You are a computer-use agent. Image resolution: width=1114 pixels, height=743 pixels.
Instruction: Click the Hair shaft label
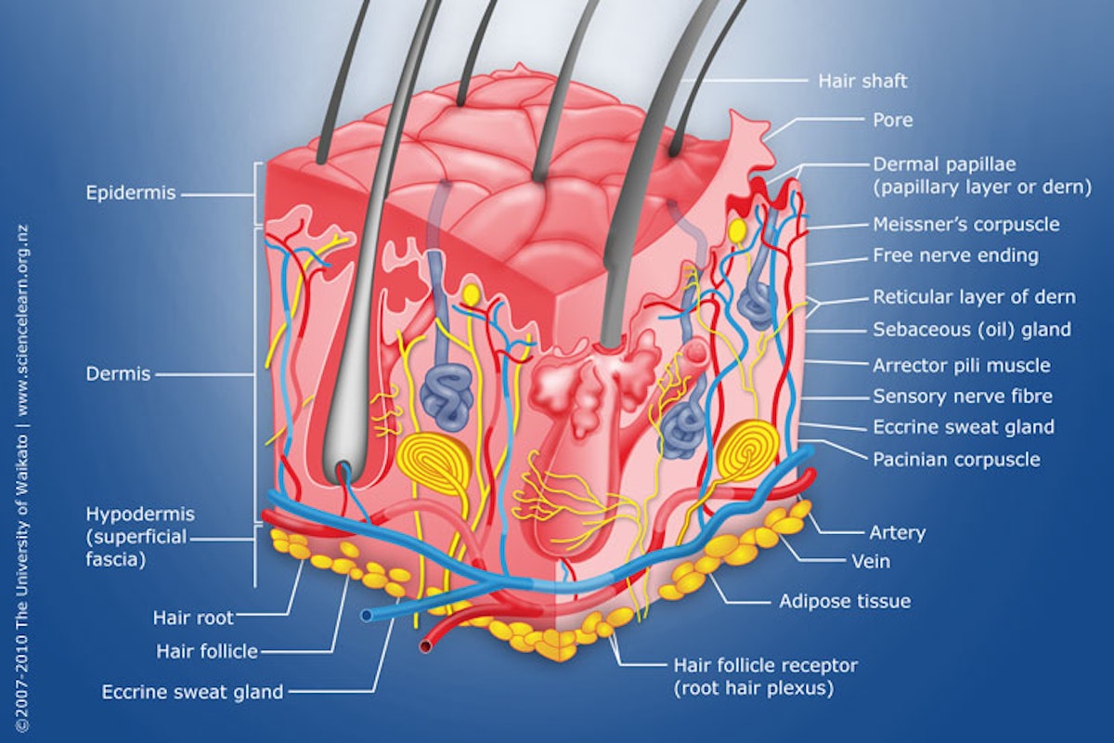[x=862, y=81]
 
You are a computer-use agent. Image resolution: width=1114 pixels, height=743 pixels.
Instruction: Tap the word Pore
[x=893, y=120]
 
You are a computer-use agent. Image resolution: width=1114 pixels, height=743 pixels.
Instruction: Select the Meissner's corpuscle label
[x=966, y=225]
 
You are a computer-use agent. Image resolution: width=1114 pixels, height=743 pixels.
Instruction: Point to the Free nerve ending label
[x=956, y=255]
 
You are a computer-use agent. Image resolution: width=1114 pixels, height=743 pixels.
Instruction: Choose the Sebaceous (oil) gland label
[x=972, y=330]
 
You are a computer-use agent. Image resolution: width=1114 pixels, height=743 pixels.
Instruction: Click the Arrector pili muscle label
[x=962, y=366]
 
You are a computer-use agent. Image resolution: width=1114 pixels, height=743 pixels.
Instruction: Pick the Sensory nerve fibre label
[x=963, y=397]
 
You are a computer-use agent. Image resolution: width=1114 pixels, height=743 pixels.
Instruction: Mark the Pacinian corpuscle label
[x=956, y=460]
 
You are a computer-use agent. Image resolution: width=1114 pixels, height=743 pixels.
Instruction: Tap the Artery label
[x=897, y=533]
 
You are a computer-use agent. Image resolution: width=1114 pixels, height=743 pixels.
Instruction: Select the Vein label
[x=871, y=562]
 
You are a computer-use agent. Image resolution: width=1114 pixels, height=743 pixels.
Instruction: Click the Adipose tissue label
[x=845, y=602]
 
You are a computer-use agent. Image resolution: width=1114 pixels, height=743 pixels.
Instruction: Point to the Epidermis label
[x=131, y=193]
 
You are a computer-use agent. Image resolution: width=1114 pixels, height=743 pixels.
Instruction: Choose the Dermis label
[x=118, y=374]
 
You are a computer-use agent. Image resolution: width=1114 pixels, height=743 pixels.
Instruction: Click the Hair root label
[x=193, y=619]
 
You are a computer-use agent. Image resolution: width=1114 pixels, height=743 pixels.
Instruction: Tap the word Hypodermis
[x=140, y=515]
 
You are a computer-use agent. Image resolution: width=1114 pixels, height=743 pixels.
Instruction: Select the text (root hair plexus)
[x=754, y=689]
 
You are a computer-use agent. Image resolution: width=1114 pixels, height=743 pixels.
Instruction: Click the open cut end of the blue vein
[x=367, y=616]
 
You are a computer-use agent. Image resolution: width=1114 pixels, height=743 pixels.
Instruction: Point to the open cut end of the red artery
[x=426, y=647]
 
